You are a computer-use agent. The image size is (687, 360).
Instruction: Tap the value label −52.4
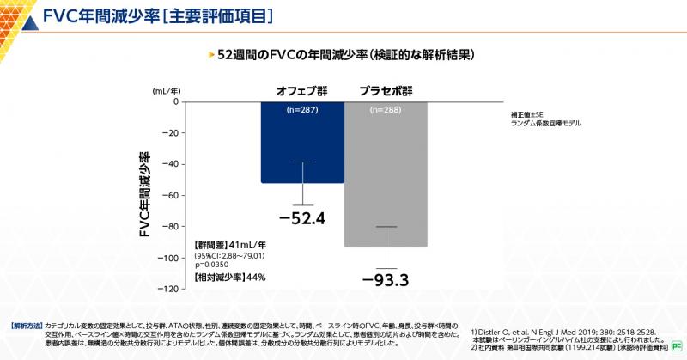coord(302,218)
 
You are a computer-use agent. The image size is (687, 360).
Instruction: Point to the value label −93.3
coord(386,280)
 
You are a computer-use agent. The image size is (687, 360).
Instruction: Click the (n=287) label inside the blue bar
coord(302,110)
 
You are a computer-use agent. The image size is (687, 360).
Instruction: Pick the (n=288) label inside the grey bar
coord(386,110)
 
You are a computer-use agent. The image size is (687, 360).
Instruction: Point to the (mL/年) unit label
coord(166,89)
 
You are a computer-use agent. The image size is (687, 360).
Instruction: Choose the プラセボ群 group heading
coord(386,90)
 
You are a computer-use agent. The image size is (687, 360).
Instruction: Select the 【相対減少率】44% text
coord(229,278)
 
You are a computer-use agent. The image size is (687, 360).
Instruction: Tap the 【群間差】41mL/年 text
coord(229,245)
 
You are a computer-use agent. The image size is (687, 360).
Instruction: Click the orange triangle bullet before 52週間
coord(211,54)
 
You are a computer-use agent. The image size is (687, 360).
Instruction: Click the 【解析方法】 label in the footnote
coord(26,327)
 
